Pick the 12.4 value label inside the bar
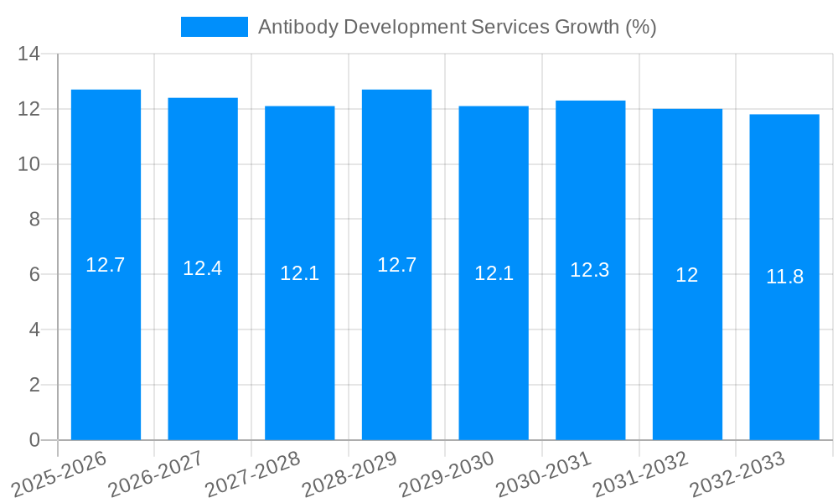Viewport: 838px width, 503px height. click(203, 268)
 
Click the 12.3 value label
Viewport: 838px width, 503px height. click(590, 270)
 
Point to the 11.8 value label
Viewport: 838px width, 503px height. click(784, 277)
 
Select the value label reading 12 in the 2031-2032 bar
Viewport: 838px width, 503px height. click(687, 275)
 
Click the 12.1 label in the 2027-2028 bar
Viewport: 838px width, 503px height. click(299, 273)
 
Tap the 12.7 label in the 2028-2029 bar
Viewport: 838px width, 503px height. click(396, 265)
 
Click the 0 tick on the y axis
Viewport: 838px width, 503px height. click(34, 440)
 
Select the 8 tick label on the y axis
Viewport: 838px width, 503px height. click(34, 220)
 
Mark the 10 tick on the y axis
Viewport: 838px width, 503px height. click(29, 164)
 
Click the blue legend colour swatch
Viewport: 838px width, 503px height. click(215, 27)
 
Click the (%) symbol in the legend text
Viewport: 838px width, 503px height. click(641, 27)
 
